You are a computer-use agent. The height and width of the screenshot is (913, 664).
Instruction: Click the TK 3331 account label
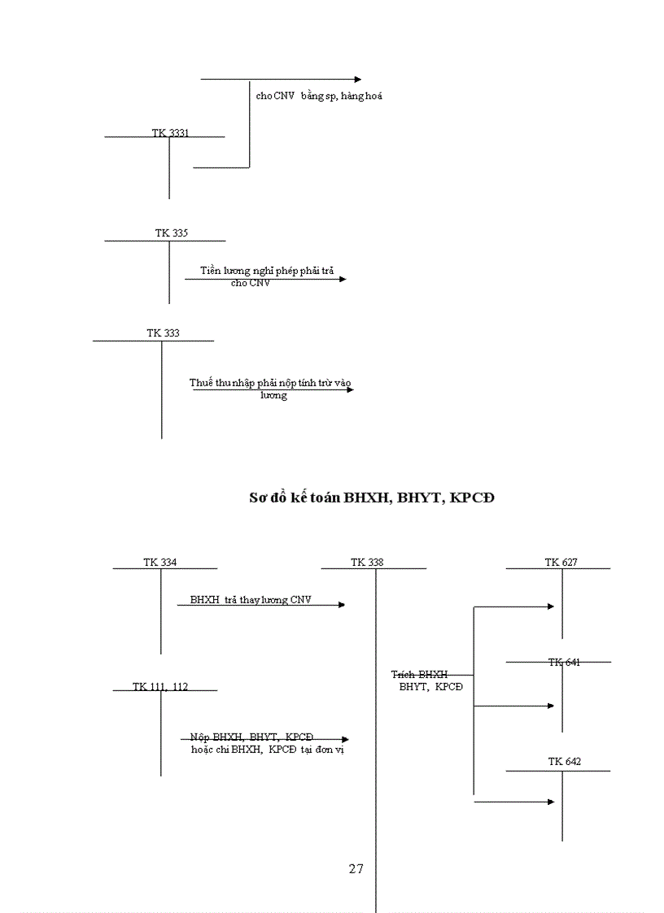(x=170, y=133)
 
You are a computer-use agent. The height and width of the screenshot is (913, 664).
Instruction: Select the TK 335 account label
(x=172, y=233)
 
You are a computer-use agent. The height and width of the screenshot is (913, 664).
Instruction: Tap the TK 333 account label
(x=163, y=333)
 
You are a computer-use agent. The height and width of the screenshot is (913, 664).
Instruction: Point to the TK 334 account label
(x=160, y=563)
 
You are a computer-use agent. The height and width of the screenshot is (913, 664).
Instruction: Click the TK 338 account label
(x=367, y=563)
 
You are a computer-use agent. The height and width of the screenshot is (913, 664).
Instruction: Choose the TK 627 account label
(x=561, y=563)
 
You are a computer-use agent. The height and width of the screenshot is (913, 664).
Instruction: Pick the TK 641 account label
(x=564, y=663)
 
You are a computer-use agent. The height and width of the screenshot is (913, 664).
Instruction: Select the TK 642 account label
(x=565, y=763)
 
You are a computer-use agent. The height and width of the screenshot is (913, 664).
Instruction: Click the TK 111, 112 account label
(x=160, y=687)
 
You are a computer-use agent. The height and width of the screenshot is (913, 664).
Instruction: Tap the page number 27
(x=356, y=869)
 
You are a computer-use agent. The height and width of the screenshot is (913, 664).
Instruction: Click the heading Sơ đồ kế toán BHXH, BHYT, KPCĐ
(x=371, y=498)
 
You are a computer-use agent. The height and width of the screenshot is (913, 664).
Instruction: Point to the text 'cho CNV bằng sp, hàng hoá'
(x=319, y=96)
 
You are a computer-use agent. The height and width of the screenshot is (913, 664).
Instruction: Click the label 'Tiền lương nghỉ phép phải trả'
(x=267, y=270)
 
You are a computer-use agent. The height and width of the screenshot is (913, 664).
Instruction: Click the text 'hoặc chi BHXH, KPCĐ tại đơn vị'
(x=268, y=750)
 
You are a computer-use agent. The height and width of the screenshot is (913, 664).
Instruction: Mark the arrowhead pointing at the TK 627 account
(x=551, y=606)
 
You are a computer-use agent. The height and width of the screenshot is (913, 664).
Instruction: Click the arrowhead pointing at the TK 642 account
(x=551, y=802)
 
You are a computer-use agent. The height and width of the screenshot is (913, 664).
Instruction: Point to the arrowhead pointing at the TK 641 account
(x=551, y=706)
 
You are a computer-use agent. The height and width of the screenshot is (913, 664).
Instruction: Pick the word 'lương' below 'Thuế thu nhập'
(x=273, y=396)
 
